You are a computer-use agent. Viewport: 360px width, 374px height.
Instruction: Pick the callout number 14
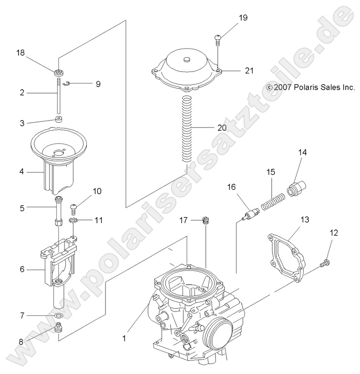(x=303, y=153)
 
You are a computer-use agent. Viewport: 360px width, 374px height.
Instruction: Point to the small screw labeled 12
(x=325, y=261)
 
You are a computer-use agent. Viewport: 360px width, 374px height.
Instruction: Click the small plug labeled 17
(x=205, y=220)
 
